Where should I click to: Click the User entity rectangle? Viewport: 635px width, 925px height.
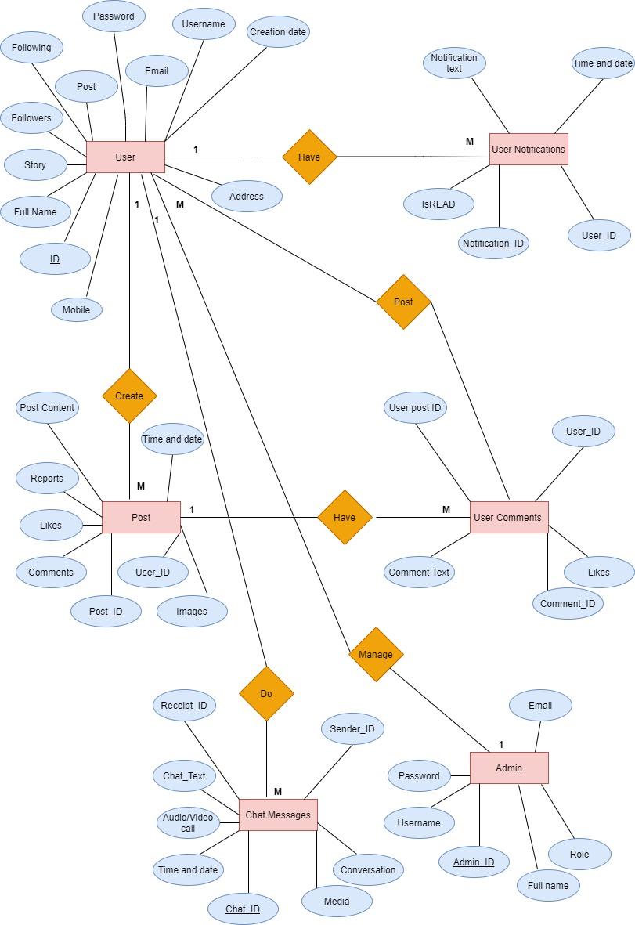[125, 157]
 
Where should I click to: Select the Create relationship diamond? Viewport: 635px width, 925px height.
[129, 396]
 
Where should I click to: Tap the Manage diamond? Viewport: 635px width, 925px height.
[376, 654]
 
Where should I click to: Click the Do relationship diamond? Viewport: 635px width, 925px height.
[266, 693]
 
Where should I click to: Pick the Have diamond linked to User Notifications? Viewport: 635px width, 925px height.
[309, 157]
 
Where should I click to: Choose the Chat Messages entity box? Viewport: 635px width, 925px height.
[278, 815]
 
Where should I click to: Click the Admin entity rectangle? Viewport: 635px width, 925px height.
[509, 768]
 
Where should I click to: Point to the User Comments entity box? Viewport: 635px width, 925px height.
[508, 517]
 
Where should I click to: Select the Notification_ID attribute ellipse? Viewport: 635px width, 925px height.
[493, 243]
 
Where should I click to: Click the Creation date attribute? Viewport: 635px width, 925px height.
[278, 32]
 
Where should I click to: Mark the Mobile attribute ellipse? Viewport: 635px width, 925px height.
[77, 309]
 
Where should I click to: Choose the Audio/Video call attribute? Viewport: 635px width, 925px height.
[188, 822]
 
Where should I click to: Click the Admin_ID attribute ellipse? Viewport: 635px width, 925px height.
[474, 862]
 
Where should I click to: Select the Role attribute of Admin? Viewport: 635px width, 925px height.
[579, 854]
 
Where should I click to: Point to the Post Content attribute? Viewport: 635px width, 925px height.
[47, 407]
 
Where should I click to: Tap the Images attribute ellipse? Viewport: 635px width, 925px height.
[192, 611]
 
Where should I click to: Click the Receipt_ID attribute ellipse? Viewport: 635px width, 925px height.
[184, 705]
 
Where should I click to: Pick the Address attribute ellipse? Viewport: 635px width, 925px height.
[247, 196]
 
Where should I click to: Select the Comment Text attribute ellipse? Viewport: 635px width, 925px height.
[420, 572]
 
